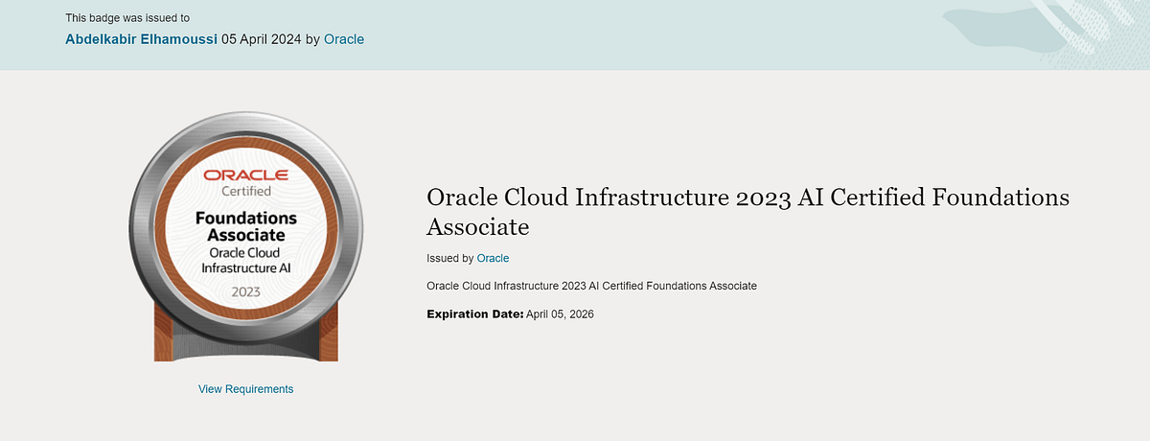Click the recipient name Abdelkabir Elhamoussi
pyautogui.click(x=141, y=39)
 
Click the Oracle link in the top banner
pyautogui.click(x=344, y=39)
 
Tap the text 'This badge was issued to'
pyautogui.click(x=127, y=17)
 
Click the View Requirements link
pyautogui.click(x=245, y=389)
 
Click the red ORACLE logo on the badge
pyautogui.click(x=245, y=174)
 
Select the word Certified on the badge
pyautogui.click(x=246, y=191)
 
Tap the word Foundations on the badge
pyautogui.click(x=246, y=218)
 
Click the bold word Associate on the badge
pyautogui.click(x=246, y=235)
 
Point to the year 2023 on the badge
pyautogui.click(x=246, y=290)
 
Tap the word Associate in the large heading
pyautogui.click(x=477, y=227)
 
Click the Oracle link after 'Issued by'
pyautogui.click(x=493, y=258)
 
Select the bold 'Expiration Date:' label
pyautogui.click(x=474, y=314)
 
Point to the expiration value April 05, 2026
pyautogui.click(x=560, y=314)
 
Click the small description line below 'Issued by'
pyautogui.click(x=591, y=286)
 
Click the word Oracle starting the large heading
pyautogui.click(x=463, y=197)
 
